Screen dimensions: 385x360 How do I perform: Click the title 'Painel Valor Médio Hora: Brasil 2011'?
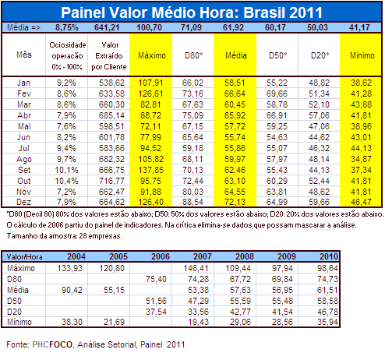pyautogui.click(x=192, y=12)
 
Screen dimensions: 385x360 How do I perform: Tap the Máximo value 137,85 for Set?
pyautogui.click(x=150, y=170)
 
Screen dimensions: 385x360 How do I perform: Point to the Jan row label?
pyautogui.click(x=23, y=83)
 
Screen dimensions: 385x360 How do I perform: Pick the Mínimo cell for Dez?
pyautogui.click(x=361, y=202)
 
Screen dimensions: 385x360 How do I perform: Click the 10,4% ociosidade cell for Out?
pyautogui.click(x=66, y=181)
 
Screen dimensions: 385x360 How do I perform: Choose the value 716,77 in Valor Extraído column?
pyautogui.click(x=111, y=181)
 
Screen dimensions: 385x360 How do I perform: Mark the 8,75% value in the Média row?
pyautogui.click(x=67, y=27)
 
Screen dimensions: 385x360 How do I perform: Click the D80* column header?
pyautogui.click(x=193, y=55)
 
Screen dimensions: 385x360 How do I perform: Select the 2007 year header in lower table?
pyautogui.click(x=203, y=256)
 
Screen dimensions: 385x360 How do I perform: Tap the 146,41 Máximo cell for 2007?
pyautogui.click(x=196, y=268)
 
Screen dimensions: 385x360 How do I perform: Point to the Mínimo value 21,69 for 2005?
pyautogui.click(x=114, y=322)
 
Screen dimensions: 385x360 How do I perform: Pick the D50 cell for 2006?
pyautogui.click(x=156, y=301)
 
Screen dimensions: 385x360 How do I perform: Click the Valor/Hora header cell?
pyautogui.click(x=24, y=256)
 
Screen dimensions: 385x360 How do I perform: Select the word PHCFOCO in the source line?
pyautogui.click(x=52, y=344)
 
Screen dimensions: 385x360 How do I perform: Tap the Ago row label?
pyautogui.click(x=24, y=159)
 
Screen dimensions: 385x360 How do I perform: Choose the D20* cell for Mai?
pyautogui.click(x=319, y=126)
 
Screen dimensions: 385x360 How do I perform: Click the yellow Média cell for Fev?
pyautogui.click(x=235, y=94)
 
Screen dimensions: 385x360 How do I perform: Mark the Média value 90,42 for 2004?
pyautogui.click(x=72, y=290)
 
